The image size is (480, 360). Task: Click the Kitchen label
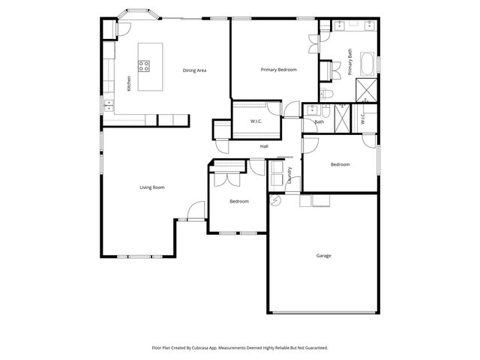pos(129,83)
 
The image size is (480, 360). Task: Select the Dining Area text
pos(194,70)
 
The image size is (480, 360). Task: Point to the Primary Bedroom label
pos(278,70)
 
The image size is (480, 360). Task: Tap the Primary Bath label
pos(350,62)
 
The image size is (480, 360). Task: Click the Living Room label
pos(152,187)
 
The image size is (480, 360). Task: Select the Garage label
pos(323,255)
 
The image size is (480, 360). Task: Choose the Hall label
pos(264,146)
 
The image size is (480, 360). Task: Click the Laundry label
pos(290,175)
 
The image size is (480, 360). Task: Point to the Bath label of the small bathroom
pos(319,121)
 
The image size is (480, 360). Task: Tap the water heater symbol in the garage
pos(274,200)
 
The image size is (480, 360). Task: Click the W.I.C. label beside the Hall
pos(256,121)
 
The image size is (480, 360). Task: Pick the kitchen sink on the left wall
pos(108,101)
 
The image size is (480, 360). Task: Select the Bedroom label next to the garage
pos(340,164)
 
